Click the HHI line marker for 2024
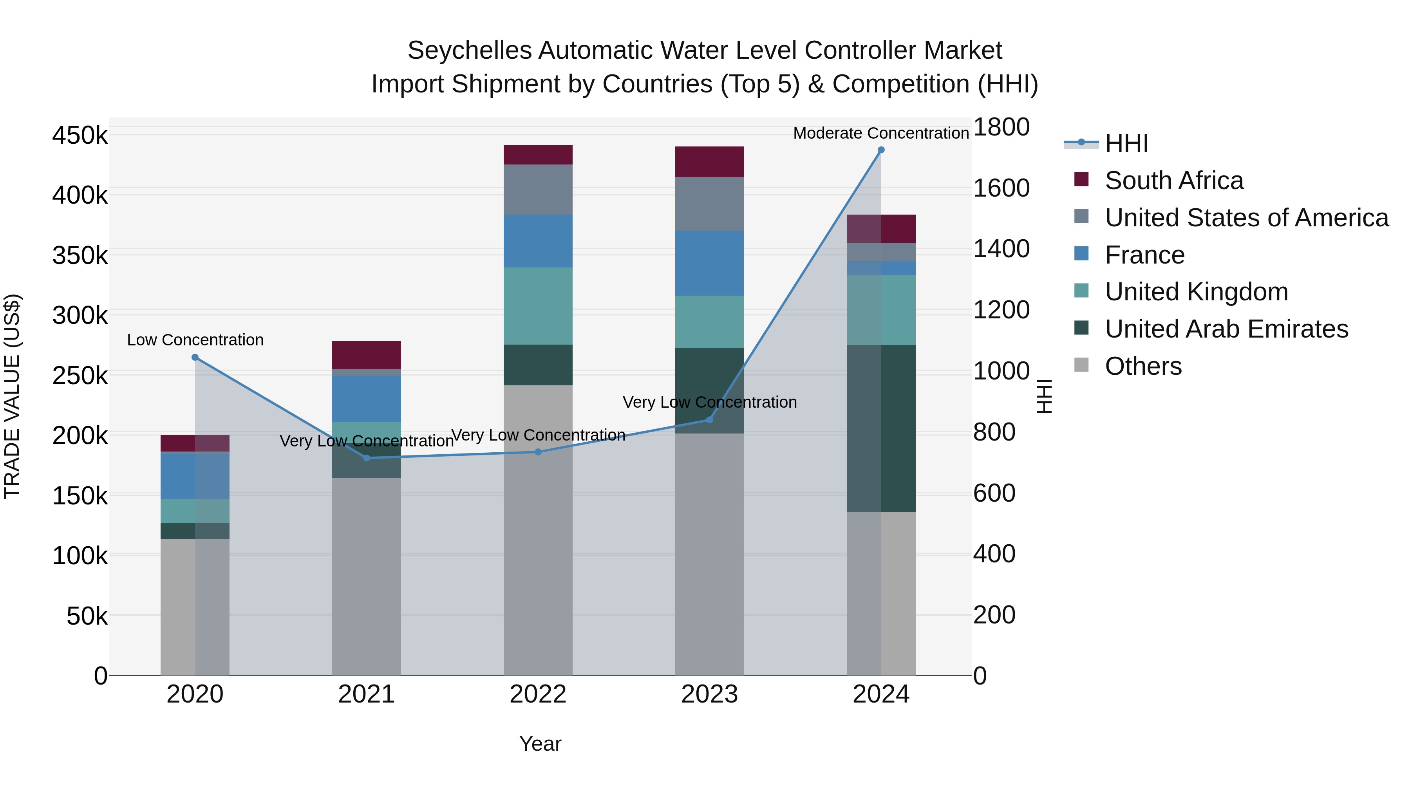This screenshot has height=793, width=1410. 881,150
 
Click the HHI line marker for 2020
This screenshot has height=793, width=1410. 195,358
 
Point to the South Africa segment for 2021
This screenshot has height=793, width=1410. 366,355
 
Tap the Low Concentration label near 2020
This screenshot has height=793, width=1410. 195,340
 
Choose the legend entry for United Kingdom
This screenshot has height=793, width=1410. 1196,292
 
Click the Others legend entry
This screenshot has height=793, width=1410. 1143,366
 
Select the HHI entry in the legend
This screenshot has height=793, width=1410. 1126,143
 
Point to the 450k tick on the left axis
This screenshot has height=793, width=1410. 80,135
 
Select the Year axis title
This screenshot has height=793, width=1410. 540,744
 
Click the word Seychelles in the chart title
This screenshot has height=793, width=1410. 469,51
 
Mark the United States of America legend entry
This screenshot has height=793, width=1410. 1246,218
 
